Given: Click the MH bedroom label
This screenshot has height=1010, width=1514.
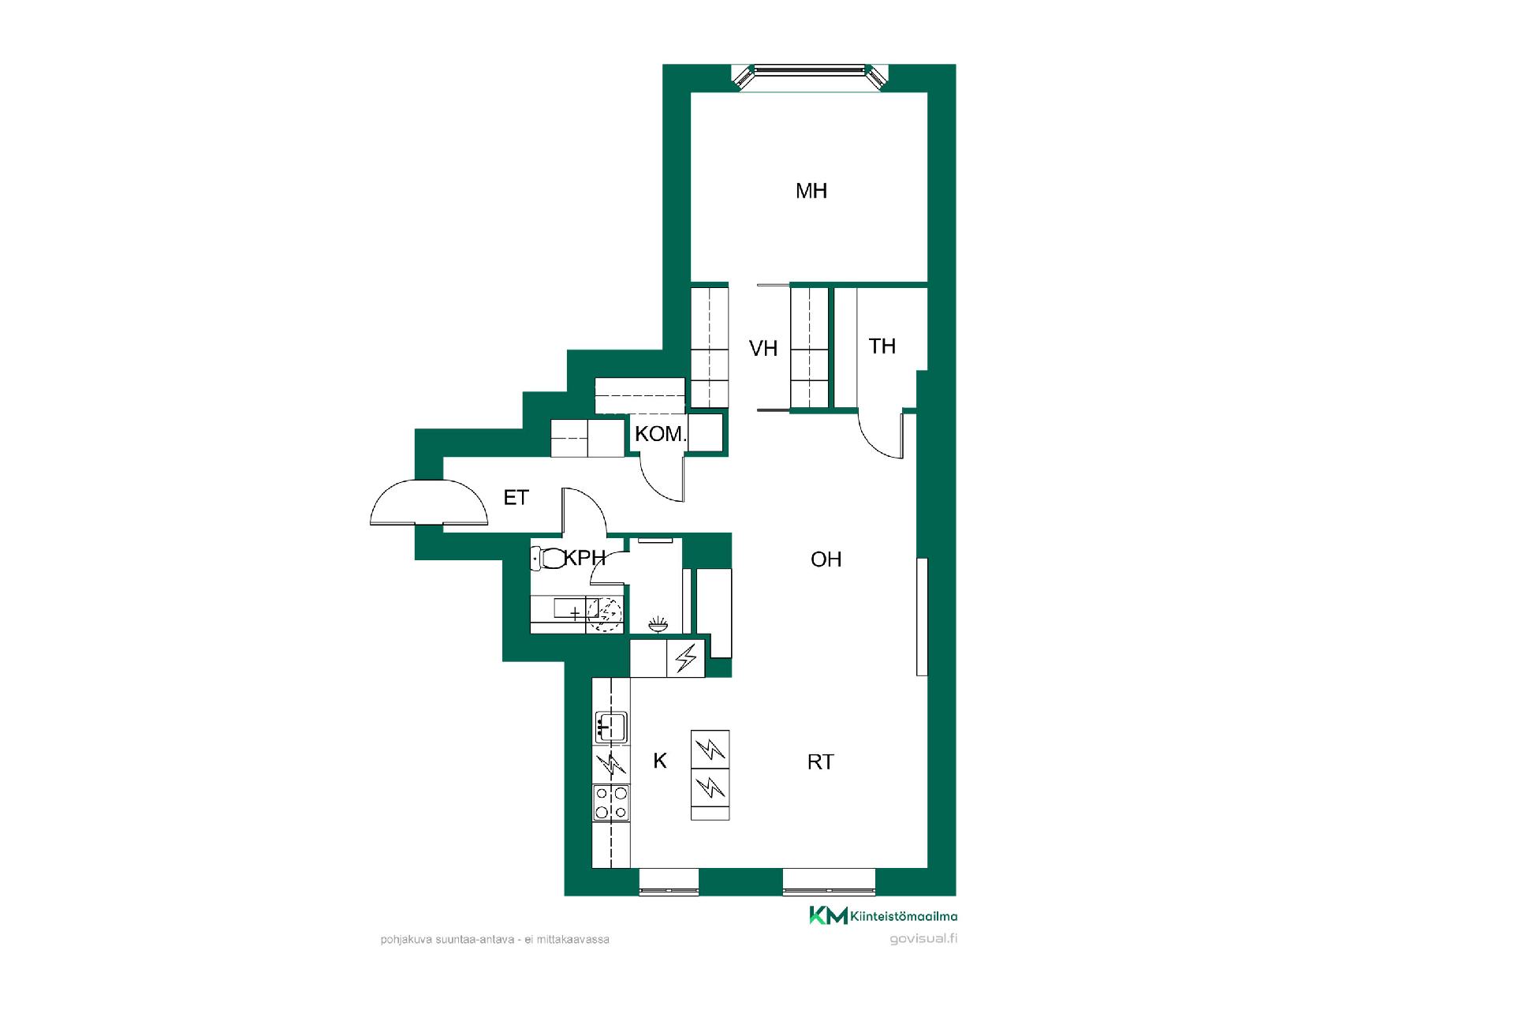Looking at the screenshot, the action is pos(811,191).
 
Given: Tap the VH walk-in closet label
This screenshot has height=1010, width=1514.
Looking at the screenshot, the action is pos(763,349).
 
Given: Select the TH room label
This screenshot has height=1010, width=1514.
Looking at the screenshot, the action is pos(882,346).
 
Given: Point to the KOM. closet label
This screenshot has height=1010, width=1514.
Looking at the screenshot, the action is pos(661,434).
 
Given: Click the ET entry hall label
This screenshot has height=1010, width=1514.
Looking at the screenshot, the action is pos(516,497).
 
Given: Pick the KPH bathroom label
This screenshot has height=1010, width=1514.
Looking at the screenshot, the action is pos(585,558).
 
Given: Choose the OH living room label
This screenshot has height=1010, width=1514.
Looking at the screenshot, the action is pos(826,559).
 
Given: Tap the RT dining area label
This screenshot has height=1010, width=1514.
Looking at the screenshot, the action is pos(821,762).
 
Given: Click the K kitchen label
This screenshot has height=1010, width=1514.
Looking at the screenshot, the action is pos(660,761).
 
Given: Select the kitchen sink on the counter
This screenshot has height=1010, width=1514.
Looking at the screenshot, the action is pos(610,726).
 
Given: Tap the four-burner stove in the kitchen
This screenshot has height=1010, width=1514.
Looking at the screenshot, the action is pos(611,803).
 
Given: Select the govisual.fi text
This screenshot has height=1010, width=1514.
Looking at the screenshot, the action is pos(923,939).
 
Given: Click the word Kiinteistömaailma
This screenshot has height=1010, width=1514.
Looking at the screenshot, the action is pos(904,916).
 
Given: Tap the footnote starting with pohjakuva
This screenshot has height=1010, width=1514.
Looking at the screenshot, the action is pos(494,940).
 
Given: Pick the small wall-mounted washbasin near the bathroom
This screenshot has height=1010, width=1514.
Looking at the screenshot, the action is pos(658,625).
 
